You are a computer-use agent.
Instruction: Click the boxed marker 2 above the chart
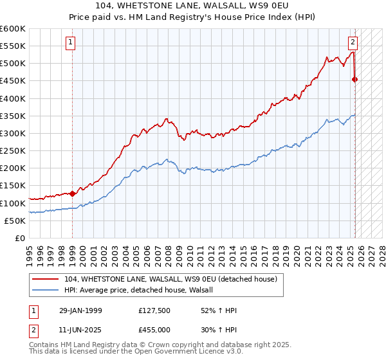[353, 43]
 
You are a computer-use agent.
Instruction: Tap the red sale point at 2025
[354, 79]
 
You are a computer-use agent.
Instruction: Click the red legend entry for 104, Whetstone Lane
[170, 279]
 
